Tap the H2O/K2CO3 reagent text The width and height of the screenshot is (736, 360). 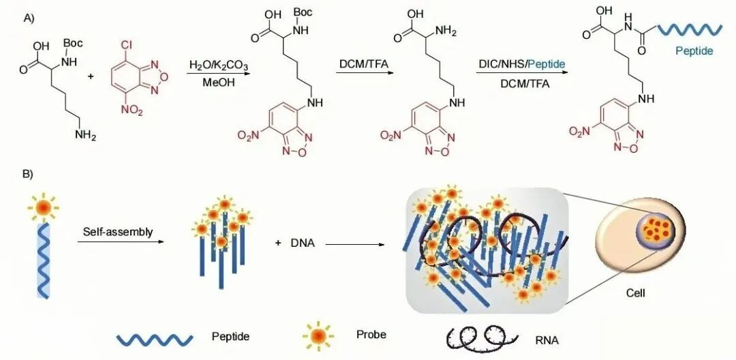coord(218,65)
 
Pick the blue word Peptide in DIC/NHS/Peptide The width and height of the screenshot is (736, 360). coord(547,65)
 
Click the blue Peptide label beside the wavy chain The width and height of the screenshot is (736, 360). coord(694,50)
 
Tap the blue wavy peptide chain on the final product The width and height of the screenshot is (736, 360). coord(690,29)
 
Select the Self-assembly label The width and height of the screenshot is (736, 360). coord(118,232)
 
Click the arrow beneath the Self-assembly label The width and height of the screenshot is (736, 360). coord(120,242)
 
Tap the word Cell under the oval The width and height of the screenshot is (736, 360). coord(636,294)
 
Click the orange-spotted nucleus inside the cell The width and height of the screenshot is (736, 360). coord(656,228)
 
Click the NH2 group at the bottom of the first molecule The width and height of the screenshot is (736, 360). coord(85,136)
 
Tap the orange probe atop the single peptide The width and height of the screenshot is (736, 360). coord(44,207)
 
